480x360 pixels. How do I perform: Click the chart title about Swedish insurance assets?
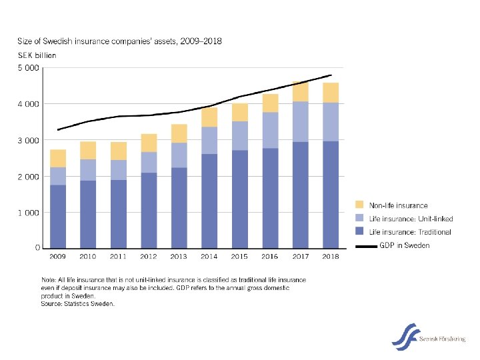coord(110,44)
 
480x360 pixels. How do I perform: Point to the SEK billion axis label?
coord(37,55)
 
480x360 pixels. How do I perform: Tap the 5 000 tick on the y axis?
coord(28,68)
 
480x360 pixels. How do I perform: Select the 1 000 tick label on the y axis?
coord(28,212)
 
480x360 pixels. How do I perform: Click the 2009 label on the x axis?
coord(58,257)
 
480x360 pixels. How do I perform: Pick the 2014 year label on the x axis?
coord(209,257)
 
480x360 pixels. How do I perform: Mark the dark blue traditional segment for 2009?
coord(58,216)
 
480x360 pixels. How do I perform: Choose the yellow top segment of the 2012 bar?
coord(149,143)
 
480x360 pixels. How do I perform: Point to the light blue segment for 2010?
coord(88,169)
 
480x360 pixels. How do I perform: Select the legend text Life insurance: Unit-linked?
coord(411,219)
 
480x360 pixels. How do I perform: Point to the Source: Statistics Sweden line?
coord(78,304)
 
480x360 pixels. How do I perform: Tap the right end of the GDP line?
coord(331,75)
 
